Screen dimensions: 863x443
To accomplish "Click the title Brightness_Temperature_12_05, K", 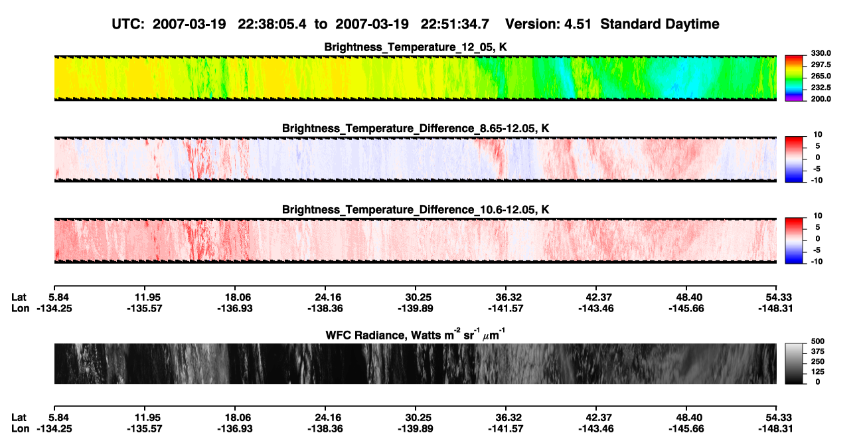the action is click(416, 47).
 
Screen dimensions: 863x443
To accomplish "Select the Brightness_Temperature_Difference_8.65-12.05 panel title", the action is click(416, 128).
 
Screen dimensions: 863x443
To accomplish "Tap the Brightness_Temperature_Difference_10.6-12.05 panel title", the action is click(416, 210).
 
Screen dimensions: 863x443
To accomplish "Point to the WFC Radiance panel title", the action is click(416, 335).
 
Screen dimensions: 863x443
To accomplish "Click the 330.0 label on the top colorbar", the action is click(821, 53).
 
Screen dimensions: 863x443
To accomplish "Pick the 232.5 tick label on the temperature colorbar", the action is click(821, 88).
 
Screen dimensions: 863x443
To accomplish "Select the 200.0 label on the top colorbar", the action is click(821, 99).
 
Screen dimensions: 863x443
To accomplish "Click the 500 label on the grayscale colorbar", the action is click(817, 341).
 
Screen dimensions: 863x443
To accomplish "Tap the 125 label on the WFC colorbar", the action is click(817, 372).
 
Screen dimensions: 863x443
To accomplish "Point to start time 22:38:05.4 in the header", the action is click(272, 25).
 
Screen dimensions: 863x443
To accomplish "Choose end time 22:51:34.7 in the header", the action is click(455, 25).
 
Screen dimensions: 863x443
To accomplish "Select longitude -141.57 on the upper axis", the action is click(505, 308).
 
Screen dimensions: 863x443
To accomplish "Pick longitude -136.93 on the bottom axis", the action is click(234, 429).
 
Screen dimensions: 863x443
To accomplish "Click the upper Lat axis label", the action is click(19, 298).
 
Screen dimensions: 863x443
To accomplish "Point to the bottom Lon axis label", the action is click(21, 429).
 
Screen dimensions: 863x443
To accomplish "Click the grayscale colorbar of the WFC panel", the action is click(794, 363).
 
